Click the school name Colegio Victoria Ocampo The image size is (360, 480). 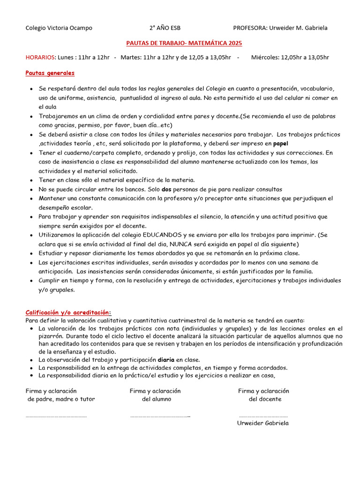point(59,28)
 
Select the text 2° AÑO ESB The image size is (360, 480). point(165,28)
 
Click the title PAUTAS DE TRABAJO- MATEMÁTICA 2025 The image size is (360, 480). point(184,43)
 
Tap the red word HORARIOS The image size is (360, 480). point(40,58)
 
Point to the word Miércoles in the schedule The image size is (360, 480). point(265,58)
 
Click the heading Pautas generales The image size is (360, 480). point(50,73)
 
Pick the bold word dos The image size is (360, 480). point(167,189)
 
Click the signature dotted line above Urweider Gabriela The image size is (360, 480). point(263,416)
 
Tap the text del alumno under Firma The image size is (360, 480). point(157,399)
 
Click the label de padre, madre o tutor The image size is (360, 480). point(61,399)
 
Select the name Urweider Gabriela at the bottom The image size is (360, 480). point(263,423)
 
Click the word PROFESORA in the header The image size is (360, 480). point(249,28)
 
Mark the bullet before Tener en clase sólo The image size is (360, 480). point(31,180)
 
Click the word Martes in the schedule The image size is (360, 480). point(130,58)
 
